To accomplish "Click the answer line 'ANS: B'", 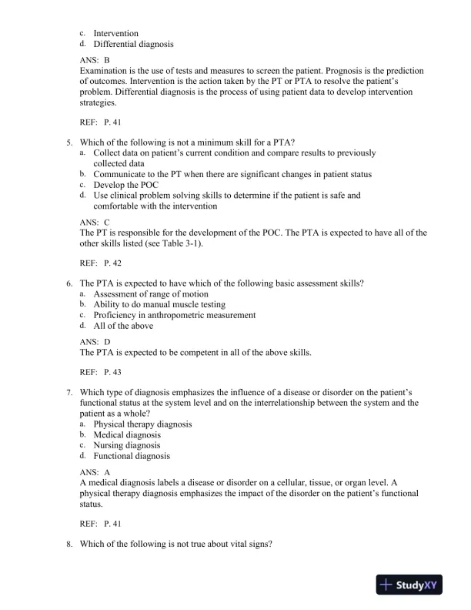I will (x=95, y=59).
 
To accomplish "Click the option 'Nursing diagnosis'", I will (x=127, y=445).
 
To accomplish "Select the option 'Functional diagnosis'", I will (x=132, y=456).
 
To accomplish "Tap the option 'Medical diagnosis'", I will (x=127, y=434).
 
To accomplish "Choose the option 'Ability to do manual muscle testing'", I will (x=162, y=304).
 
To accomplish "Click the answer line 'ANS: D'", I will (x=95, y=340).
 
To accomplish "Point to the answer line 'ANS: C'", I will (x=95, y=222).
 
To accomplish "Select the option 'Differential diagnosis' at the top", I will (x=133, y=45).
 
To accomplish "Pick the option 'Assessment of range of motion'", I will (x=151, y=294).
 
